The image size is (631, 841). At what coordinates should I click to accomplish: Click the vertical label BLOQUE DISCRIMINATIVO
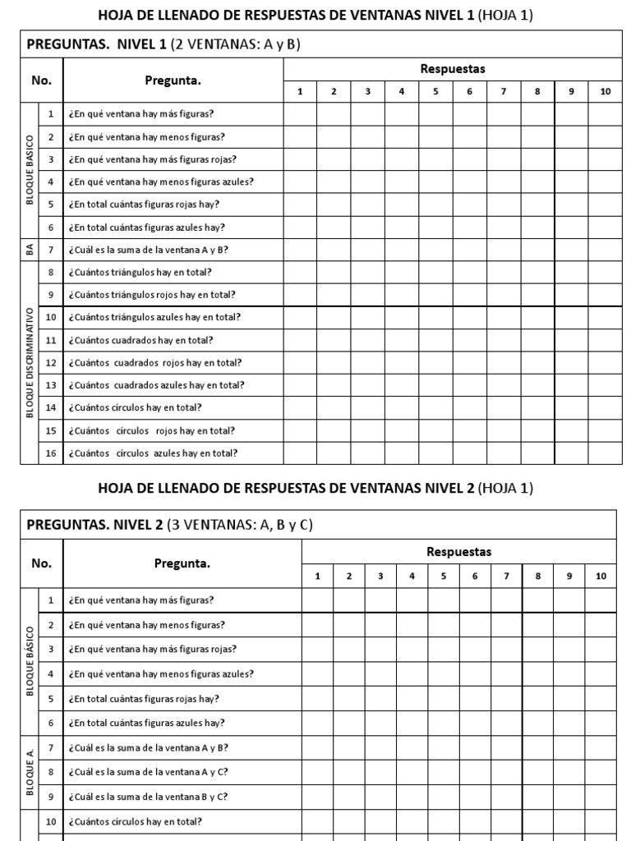30,362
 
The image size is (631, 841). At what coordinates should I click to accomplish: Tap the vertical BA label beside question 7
30,250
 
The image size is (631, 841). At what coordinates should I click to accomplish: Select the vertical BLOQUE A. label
30,772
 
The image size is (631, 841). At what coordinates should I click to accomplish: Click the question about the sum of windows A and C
149,772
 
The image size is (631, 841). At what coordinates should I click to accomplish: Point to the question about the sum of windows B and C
149,796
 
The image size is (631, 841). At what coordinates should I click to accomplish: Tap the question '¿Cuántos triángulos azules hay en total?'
154,317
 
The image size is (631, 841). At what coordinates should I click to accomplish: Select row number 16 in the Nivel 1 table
50,453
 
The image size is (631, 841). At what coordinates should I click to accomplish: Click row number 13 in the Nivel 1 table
50,385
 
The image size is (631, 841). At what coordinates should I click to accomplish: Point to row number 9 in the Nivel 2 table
50,796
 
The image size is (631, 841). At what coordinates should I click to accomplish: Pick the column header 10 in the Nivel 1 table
605,92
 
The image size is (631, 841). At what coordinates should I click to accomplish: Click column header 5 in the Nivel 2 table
443,577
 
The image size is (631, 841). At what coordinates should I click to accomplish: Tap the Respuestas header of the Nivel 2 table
458,552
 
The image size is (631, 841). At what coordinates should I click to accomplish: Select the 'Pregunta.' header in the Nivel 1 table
173,80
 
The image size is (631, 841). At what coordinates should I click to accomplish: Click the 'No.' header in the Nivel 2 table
41,563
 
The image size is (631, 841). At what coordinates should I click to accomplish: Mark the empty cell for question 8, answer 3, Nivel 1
367,273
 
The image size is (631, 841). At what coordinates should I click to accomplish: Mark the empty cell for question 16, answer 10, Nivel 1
605,453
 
